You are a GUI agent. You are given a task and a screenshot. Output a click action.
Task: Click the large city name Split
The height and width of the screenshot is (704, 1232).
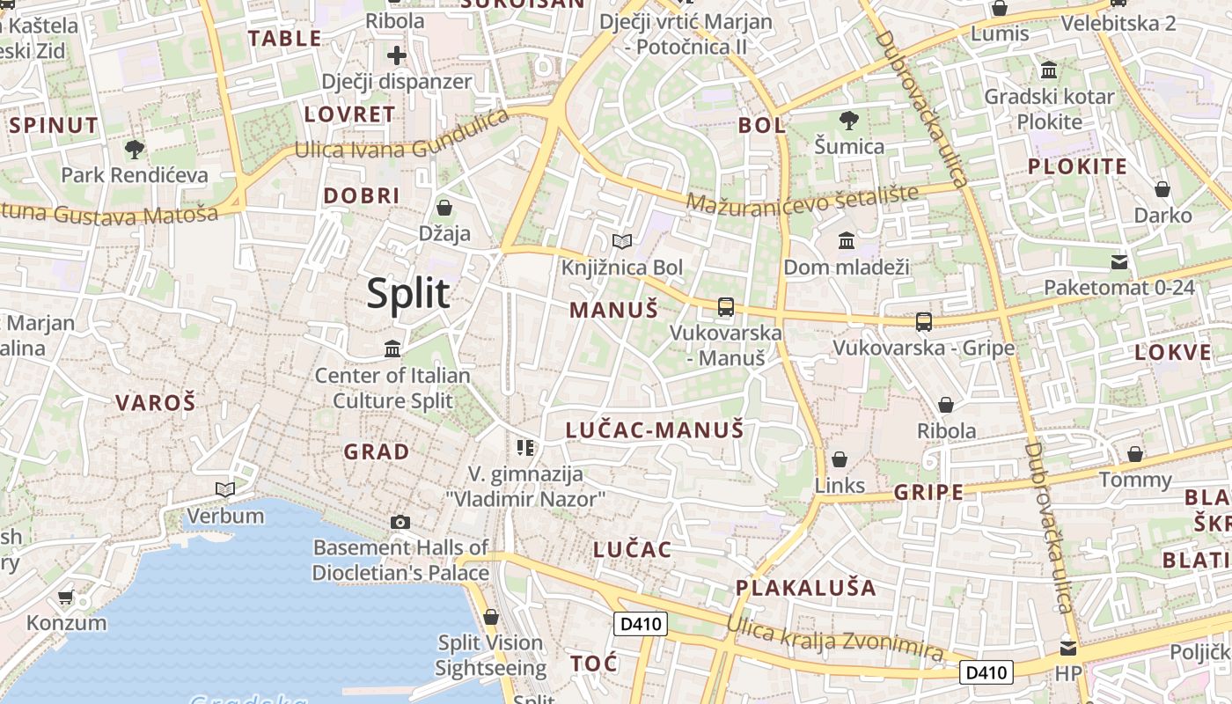click(x=408, y=293)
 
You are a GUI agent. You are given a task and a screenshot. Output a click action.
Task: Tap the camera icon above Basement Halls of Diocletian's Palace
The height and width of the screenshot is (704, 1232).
click(x=400, y=522)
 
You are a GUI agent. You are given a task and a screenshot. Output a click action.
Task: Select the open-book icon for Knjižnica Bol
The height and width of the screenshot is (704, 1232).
click(x=622, y=241)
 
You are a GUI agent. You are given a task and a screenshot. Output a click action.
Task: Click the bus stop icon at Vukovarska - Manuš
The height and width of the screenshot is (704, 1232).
click(x=726, y=307)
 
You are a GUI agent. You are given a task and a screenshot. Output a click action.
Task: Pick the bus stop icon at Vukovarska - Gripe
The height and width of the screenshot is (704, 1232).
click(x=924, y=322)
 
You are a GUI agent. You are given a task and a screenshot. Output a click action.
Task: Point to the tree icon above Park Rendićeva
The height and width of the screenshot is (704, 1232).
click(x=135, y=149)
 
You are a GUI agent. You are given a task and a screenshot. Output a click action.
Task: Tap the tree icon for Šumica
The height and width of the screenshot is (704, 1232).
click(x=849, y=121)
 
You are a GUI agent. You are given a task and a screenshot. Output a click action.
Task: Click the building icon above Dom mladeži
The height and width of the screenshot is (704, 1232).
click(x=847, y=240)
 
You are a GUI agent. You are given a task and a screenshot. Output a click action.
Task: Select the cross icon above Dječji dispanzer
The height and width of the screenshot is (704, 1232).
click(x=397, y=55)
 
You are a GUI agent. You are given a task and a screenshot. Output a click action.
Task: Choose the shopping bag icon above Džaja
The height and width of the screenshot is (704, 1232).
click(x=444, y=208)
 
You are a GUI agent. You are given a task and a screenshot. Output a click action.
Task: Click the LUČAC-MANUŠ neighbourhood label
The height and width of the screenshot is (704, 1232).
click(x=655, y=430)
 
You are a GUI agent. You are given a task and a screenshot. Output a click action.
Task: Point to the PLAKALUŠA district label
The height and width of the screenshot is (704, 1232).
click(x=806, y=588)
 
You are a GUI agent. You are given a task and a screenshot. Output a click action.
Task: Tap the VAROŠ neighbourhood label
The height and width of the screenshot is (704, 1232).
click(x=155, y=403)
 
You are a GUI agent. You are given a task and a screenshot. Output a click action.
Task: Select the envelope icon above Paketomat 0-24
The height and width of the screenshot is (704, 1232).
click(x=1119, y=261)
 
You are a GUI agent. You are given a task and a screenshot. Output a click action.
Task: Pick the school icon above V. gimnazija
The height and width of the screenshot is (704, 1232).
click(x=525, y=448)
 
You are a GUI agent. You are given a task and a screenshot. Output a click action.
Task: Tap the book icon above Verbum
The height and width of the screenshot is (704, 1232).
click(x=225, y=489)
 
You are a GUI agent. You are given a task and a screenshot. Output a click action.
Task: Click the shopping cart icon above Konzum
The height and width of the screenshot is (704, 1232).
click(x=66, y=598)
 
